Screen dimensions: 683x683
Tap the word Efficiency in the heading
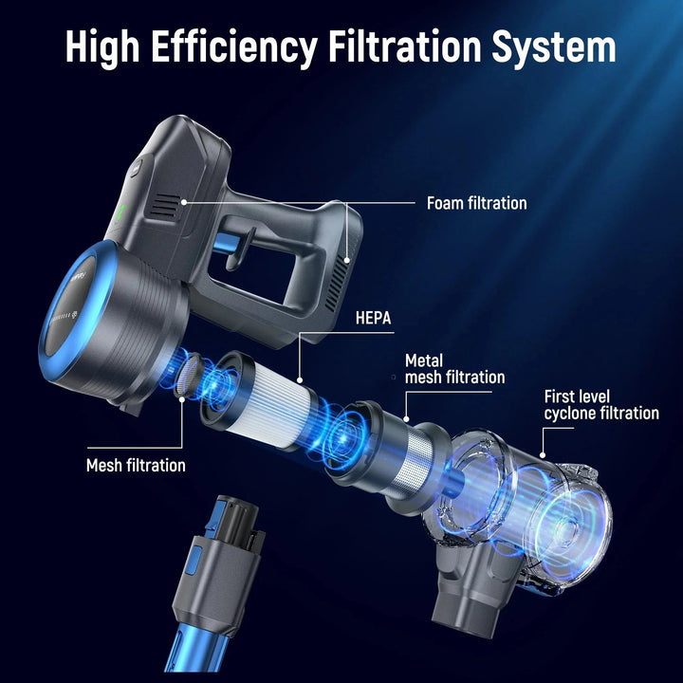pos(235,47)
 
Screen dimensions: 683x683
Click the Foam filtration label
pos(476,203)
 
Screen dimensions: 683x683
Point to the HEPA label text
pos(374,318)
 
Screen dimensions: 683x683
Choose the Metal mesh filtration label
pos(454,368)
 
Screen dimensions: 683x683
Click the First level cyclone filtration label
pos(601,405)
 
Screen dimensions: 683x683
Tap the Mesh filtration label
pos(136,465)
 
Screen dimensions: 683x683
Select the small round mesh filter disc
pos(189,375)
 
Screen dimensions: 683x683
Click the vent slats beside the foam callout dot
pos(164,205)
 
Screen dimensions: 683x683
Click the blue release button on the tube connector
pos(192,561)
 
